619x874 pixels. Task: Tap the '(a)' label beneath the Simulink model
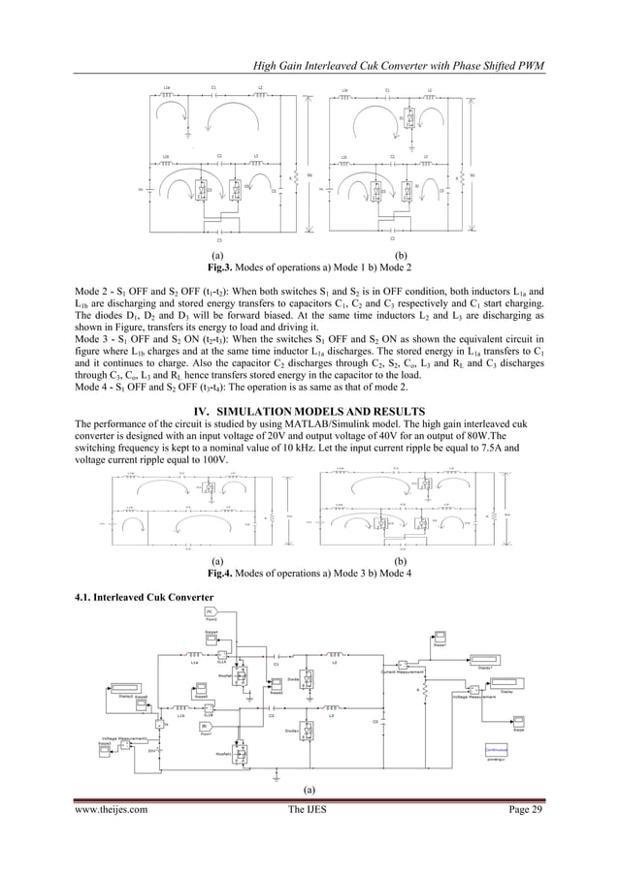pos(310,789)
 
